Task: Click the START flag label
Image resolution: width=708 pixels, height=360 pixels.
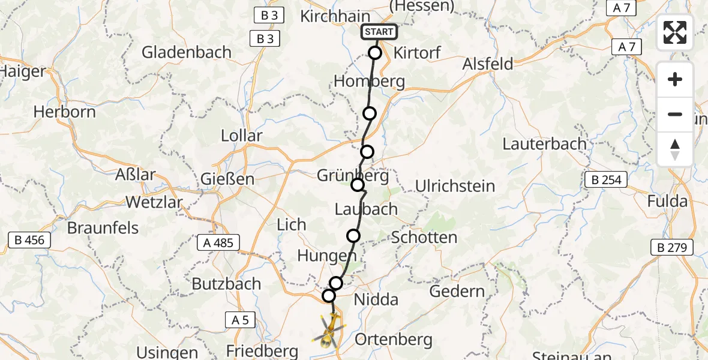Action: tap(379, 32)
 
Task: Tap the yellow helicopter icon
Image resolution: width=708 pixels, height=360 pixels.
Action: tap(328, 331)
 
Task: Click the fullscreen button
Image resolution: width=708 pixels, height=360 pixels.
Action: tap(675, 32)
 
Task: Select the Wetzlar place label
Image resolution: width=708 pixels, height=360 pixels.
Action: tap(154, 202)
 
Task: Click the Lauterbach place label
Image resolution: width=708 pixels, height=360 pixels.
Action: tap(544, 144)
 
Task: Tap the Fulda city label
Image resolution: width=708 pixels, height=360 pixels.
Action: tap(667, 202)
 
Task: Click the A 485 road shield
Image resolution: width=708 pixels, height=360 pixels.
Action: tap(218, 242)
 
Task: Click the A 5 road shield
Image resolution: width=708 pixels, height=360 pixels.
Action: tap(239, 320)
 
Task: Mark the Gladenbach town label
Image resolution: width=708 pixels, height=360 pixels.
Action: tap(187, 52)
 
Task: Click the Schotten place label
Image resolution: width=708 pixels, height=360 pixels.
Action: tap(424, 238)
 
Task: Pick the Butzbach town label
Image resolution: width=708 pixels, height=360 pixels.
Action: tap(226, 284)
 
